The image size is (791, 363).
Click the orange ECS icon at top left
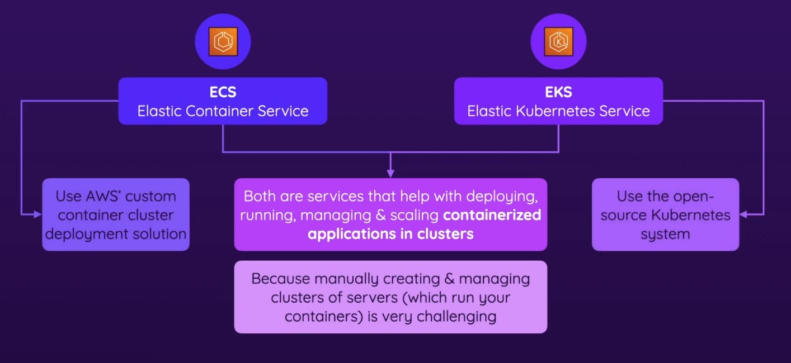coord(223,42)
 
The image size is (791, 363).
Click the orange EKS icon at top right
coord(558,42)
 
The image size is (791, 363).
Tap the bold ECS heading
coord(223,91)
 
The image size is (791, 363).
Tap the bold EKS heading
coord(558,91)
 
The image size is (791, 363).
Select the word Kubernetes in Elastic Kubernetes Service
coord(558,111)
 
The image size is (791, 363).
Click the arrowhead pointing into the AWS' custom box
coord(39,214)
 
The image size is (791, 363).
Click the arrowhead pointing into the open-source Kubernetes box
coord(743,214)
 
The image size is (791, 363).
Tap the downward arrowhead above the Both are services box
coord(390,174)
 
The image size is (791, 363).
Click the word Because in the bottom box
coord(281,279)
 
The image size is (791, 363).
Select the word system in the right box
coord(665,234)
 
